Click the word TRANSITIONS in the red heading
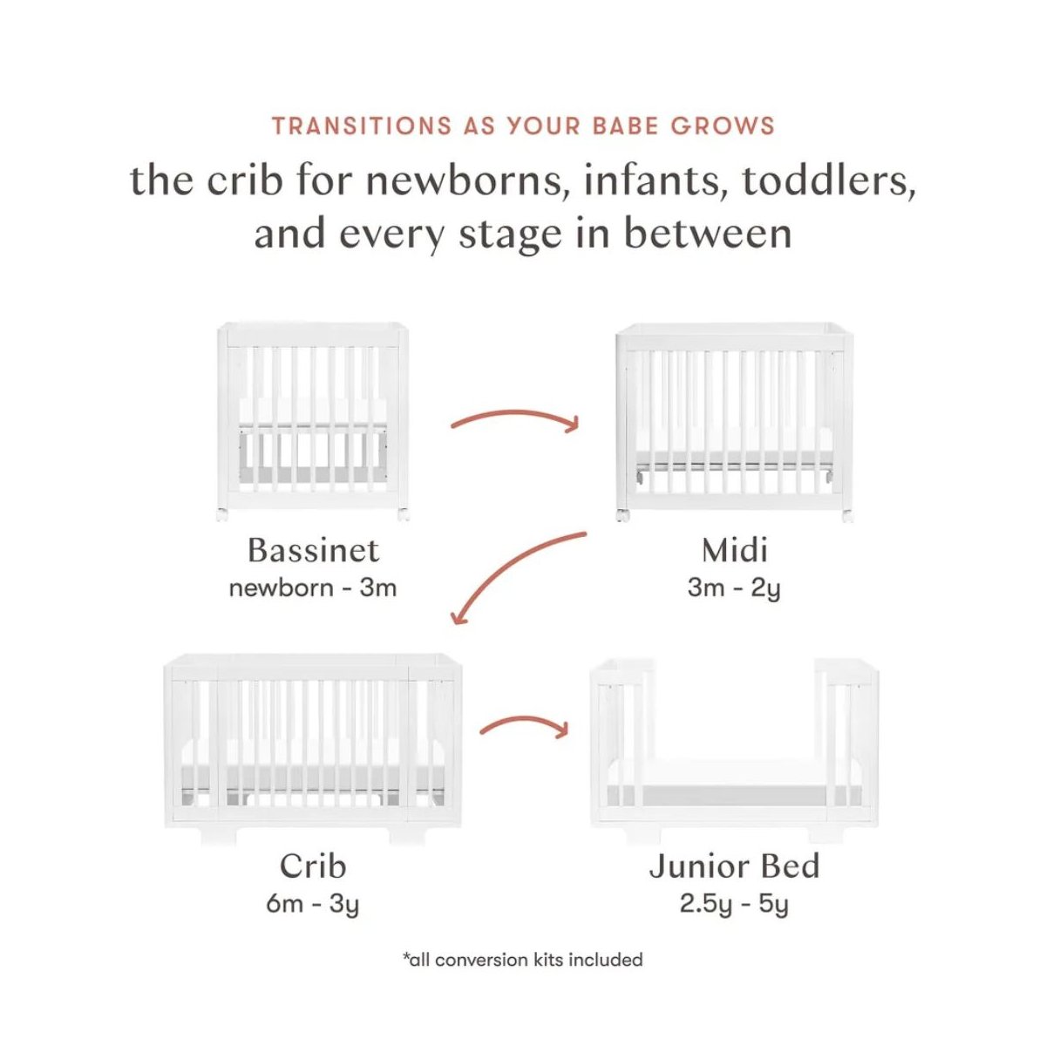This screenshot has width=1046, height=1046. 361,126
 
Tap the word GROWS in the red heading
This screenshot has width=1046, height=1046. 723,126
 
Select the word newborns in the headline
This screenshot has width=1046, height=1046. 468,181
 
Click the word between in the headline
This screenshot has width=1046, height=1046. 707,234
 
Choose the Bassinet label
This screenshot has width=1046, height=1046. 313,550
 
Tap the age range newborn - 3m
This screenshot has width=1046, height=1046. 313,588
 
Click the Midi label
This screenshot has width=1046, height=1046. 734,550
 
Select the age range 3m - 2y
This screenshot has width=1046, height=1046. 734,588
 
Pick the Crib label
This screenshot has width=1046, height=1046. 313,866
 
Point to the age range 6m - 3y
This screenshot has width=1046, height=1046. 313,904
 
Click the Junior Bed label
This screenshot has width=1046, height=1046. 734,866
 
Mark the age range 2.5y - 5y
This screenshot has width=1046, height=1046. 734,904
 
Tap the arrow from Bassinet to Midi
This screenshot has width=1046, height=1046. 514,418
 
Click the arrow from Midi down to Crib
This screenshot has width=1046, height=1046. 514,571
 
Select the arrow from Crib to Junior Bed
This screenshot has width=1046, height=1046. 523,724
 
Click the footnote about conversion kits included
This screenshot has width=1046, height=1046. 523,960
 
